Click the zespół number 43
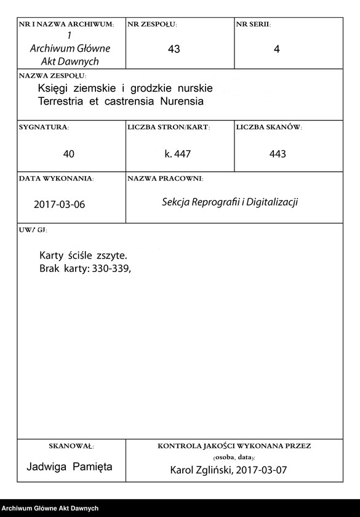[x=174, y=50]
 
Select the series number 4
[x=276, y=50]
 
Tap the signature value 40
[x=69, y=154]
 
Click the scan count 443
[x=278, y=154]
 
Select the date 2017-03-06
[x=60, y=205]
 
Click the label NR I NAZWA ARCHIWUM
[x=66, y=25]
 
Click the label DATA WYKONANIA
[x=56, y=178]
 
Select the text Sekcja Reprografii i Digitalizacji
[x=230, y=202]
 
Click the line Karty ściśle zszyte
[x=84, y=255]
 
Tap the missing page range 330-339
[x=111, y=268]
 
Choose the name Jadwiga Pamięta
[x=70, y=467]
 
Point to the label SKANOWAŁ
[x=70, y=445]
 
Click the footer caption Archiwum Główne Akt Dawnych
[x=50, y=508]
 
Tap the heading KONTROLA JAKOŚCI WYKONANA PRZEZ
[x=234, y=445]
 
